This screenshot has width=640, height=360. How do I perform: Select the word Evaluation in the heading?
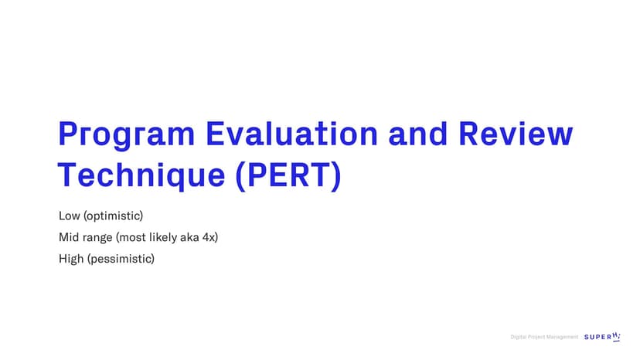(x=292, y=133)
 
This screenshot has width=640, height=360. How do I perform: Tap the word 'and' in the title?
(x=418, y=133)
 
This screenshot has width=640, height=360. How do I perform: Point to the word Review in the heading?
(x=516, y=133)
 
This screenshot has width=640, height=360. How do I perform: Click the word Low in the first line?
(x=70, y=216)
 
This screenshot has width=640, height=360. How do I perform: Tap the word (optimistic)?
(x=114, y=216)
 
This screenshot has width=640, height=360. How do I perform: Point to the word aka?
(x=189, y=237)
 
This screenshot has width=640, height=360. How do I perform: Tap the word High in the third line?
(x=71, y=259)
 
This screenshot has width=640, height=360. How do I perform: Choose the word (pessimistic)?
(x=121, y=259)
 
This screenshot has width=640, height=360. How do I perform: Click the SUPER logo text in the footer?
(x=602, y=337)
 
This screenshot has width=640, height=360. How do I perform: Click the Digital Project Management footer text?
(x=544, y=337)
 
